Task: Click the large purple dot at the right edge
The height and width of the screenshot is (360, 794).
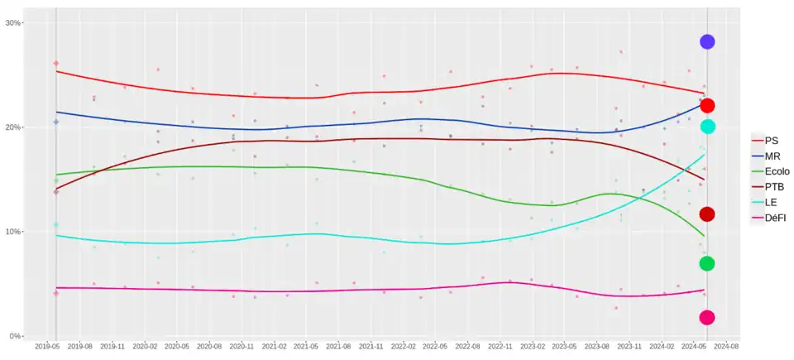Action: click(x=707, y=41)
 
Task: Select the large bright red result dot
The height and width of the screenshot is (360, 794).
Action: click(x=707, y=106)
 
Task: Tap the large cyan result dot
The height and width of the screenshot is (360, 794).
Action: click(x=707, y=127)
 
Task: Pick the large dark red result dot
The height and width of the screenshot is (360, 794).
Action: click(x=707, y=214)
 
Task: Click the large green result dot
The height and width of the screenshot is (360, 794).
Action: click(x=707, y=263)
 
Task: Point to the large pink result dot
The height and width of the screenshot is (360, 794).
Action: click(x=707, y=317)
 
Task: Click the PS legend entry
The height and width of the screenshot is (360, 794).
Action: click(x=771, y=141)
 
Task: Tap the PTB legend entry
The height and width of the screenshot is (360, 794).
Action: click(x=772, y=187)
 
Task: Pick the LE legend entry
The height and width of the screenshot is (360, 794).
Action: click(x=770, y=203)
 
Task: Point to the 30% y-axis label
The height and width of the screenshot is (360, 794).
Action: click(x=13, y=23)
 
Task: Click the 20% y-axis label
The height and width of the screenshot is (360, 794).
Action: click(x=13, y=127)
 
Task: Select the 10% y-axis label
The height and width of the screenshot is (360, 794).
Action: click(x=13, y=232)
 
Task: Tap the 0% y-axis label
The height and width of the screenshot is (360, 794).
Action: click(x=16, y=336)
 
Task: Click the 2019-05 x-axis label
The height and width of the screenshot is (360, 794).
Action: click(x=48, y=348)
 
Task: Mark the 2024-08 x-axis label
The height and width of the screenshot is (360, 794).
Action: click(x=728, y=348)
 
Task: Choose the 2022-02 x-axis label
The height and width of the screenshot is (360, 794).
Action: click(x=404, y=348)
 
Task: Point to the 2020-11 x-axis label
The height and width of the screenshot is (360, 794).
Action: click(x=242, y=348)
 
